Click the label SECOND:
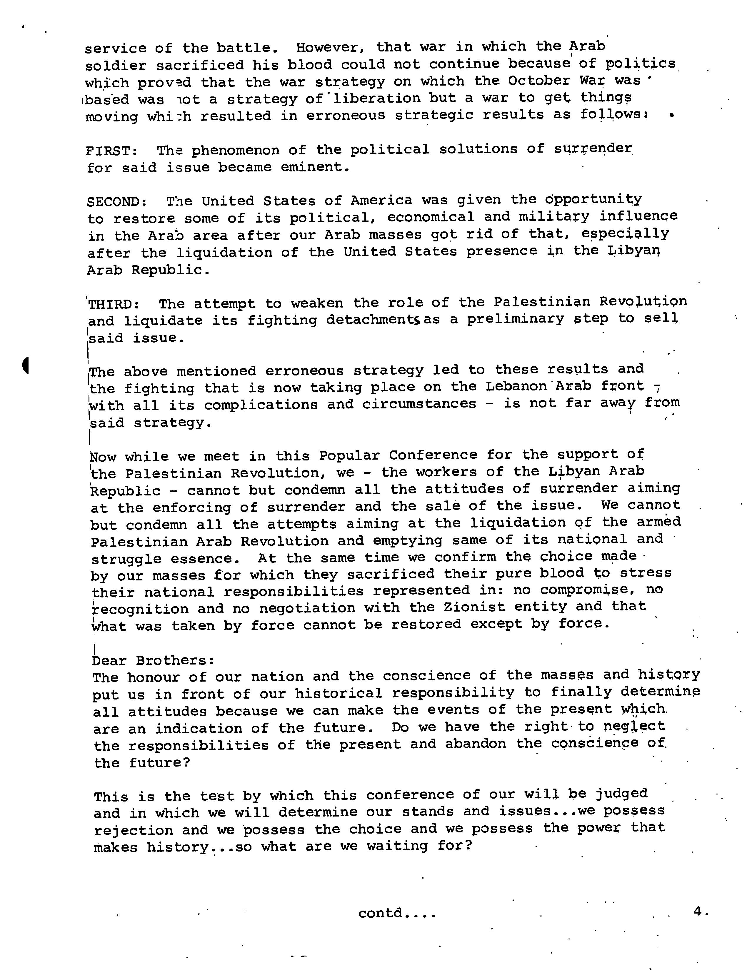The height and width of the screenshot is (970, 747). click(117, 202)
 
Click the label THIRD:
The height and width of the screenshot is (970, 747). click(115, 305)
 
